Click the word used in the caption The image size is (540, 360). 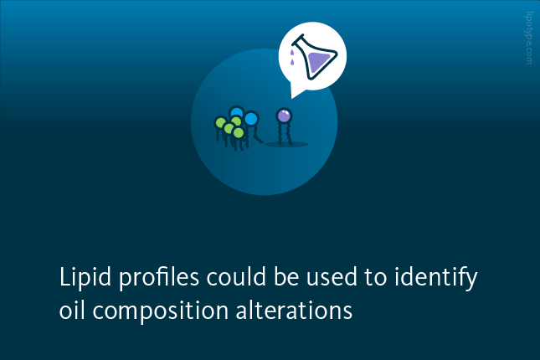click(332, 276)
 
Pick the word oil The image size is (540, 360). click(72, 310)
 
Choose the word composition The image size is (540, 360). click(161, 311)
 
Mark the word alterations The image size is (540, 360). click(294, 310)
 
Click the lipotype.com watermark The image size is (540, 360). click(529, 39)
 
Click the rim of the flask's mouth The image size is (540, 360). click(298, 39)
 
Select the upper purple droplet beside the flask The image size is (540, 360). click(292, 53)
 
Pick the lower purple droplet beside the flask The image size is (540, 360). click(292, 62)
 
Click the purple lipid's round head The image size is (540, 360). click(284, 116)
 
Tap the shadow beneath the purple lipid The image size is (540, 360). click(286, 144)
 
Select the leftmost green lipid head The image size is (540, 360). click(220, 122)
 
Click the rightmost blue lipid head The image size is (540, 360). click(251, 119)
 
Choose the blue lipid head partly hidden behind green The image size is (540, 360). click(237, 112)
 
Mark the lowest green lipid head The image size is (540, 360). click(239, 132)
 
